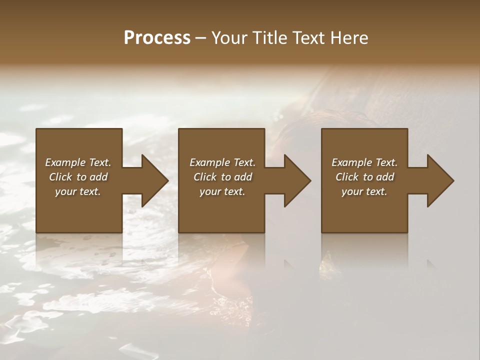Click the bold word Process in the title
[157, 38]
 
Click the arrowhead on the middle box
[297, 180]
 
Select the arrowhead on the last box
[440, 180]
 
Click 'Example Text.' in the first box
[78, 162]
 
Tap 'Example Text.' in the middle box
[222, 162]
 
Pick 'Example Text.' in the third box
[364, 162]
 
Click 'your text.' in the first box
[78, 191]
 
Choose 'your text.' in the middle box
[222, 191]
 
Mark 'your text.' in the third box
[364, 191]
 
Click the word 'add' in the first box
[98, 177]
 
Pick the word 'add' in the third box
[385, 177]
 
